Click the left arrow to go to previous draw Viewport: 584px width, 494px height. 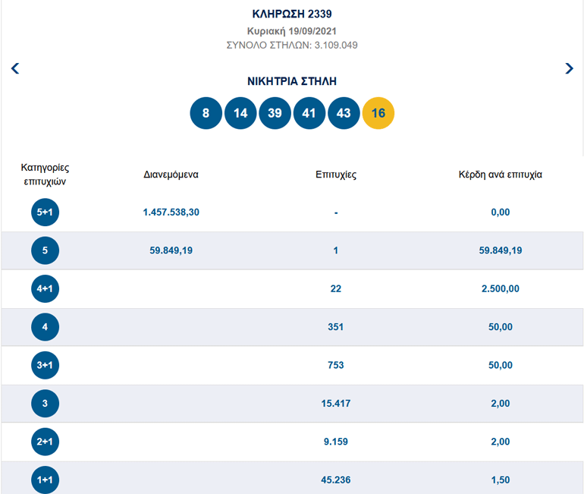pos(15,68)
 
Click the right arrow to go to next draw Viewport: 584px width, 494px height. pos(569,68)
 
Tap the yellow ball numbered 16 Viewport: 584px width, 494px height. pos(378,113)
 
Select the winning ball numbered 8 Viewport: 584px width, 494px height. pos(206,113)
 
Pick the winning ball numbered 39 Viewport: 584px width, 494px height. pos(275,113)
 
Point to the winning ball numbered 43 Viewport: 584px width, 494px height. pos(344,113)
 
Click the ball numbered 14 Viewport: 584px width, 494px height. pos(240,113)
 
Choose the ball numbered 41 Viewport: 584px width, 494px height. pos(309,113)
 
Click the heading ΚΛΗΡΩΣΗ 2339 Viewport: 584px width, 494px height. pos(292,14)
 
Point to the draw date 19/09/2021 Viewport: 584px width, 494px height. pos(292,31)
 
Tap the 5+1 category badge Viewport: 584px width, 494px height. pos(45,212)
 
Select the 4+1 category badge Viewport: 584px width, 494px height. pos(45,288)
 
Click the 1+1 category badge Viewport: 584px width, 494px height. pos(45,480)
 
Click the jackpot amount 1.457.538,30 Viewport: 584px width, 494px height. pos(171,212)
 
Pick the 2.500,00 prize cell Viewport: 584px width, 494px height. pos(500,288)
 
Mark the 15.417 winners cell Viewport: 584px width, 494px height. pos(336,403)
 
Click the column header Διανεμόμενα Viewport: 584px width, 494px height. pos(171,174)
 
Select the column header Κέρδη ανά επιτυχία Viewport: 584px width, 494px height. pos(500,174)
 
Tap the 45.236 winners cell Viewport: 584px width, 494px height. pos(336,480)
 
